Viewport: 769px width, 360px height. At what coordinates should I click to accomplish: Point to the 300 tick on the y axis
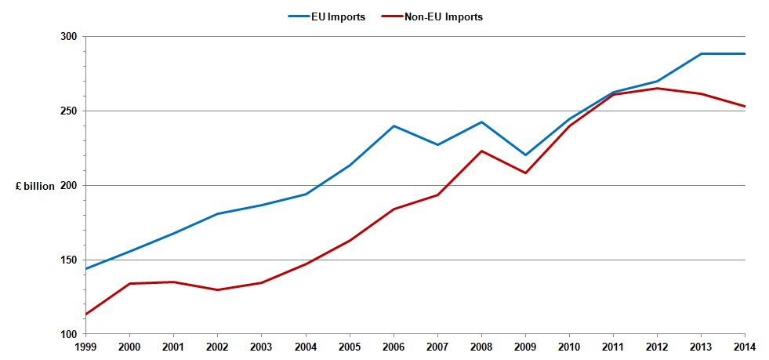pos(67,37)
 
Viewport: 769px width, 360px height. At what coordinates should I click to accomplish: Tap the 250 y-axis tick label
pos(67,111)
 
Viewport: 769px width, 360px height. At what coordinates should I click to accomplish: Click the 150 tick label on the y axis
pos(67,260)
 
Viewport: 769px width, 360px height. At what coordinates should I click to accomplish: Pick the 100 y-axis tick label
pos(67,335)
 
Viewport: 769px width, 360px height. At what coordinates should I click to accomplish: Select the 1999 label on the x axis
pos(85,346)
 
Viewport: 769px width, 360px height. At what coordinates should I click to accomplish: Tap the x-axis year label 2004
pos(306,346)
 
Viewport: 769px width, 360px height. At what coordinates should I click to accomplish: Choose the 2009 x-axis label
pos(525,346)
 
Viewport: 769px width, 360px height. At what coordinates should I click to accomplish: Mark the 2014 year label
pos(744,346)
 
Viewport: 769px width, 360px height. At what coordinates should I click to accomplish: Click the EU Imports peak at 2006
pos(394,125)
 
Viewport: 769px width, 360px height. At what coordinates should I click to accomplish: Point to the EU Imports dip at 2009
pos(525,155)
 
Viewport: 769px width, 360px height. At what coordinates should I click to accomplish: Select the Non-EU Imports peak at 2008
pos(481,151)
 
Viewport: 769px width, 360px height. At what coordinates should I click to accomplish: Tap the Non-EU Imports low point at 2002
pos(218,290)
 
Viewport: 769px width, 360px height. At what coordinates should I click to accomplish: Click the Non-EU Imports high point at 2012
pos(657,89)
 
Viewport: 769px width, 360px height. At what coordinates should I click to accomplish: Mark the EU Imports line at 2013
pos(701,53)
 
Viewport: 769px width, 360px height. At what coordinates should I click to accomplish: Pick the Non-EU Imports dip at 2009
pos(525,173)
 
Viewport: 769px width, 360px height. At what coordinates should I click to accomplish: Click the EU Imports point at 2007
pos(437,145)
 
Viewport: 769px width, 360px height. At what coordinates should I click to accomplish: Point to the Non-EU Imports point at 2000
pos(129,283)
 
